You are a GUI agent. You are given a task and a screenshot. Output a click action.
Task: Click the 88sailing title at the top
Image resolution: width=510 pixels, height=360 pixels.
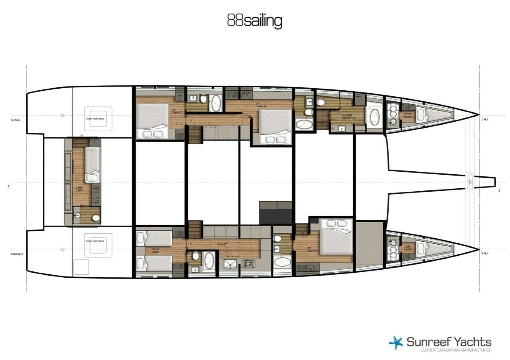point(254,21)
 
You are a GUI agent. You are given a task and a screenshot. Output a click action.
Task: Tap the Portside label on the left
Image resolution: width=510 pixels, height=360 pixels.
point(16,120)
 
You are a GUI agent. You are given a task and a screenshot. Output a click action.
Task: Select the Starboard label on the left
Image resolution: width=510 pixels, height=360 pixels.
point(17,254)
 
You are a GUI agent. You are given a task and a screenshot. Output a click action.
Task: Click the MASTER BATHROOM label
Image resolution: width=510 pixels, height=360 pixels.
point(349,117)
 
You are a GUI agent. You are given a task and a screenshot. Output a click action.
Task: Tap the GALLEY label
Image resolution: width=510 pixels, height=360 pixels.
point(222,244)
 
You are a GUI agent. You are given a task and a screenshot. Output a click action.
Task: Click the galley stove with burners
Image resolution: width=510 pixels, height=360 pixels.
point(248,264)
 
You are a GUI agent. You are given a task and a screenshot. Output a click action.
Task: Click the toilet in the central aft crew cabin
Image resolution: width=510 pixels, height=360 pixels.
point(96,218)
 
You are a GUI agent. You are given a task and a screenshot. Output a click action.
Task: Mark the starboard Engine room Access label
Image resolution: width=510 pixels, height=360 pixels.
point(95,241)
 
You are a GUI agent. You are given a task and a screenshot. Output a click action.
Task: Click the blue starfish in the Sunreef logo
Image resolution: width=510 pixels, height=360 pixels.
point(396,343)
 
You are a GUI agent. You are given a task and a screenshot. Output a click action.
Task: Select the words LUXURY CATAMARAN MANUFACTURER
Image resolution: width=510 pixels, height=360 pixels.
point(456,350)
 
